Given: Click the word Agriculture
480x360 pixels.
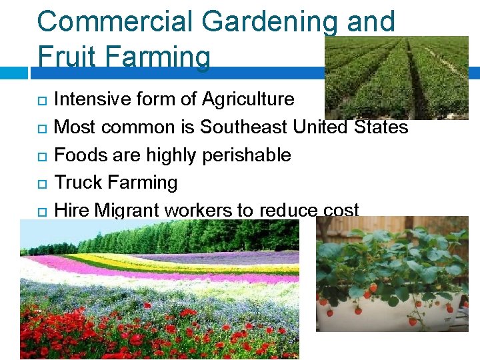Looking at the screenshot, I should (x=248, y=99).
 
